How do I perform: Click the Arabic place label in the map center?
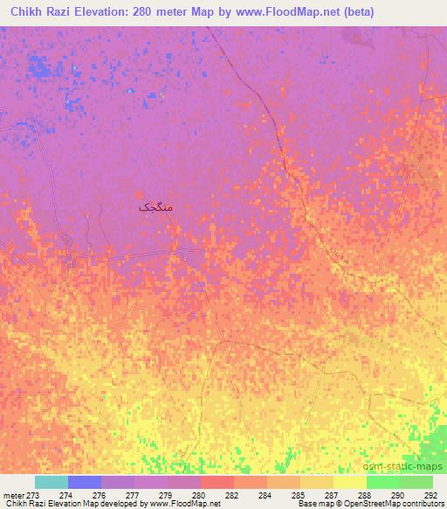(156, 207)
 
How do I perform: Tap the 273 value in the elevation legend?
(33, 496)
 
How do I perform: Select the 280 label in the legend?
(199, 496)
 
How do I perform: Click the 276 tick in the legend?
(100, 496)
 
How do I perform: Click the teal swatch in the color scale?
(52, 482)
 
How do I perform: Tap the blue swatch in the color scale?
(85, 482)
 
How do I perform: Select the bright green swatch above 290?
(383, 482)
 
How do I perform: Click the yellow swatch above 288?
(350, 482)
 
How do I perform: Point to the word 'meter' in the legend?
(14, 496)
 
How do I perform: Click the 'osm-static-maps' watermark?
(409, 464)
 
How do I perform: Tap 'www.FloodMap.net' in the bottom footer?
(184, 505)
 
